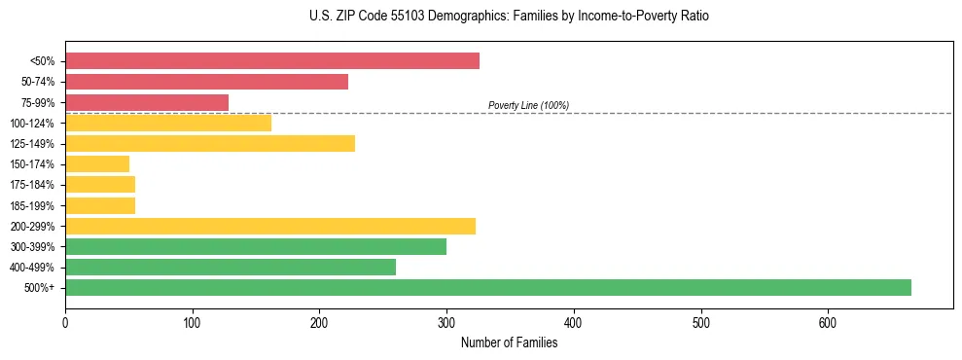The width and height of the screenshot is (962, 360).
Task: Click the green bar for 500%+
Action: [x=487, y=287]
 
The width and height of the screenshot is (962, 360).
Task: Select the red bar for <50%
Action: [x=272, y=61]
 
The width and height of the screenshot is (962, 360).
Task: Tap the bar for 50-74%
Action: [x=206, y=82]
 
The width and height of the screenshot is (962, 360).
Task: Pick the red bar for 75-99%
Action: [x=147, y=102]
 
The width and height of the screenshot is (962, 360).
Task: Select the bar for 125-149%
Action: [x=210, y=143]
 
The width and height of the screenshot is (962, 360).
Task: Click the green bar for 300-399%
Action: [x=256, y=246]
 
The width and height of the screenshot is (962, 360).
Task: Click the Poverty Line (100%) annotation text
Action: [x=528, y=105]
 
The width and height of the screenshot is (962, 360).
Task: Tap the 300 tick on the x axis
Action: [x=446, y=322]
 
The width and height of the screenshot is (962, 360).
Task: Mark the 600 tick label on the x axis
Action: [x=828, y=322]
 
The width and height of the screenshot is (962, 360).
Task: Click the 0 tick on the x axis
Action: [x=65, y=322]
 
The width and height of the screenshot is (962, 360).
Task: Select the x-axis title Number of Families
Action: [x=509, y=342]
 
